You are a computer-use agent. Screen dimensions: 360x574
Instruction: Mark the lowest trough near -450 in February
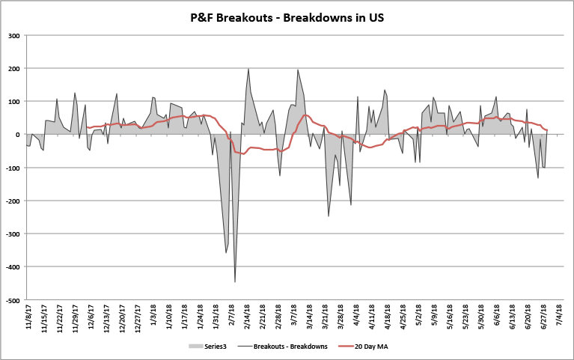tap(235, 281)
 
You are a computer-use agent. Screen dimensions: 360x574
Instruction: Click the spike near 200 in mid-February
tap(248, 69)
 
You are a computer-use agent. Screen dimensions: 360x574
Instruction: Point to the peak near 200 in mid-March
tap(298, 70)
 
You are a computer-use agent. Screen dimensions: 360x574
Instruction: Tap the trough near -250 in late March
tap(328, 216)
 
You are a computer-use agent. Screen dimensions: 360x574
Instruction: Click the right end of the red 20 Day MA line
tap(547, 130)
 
